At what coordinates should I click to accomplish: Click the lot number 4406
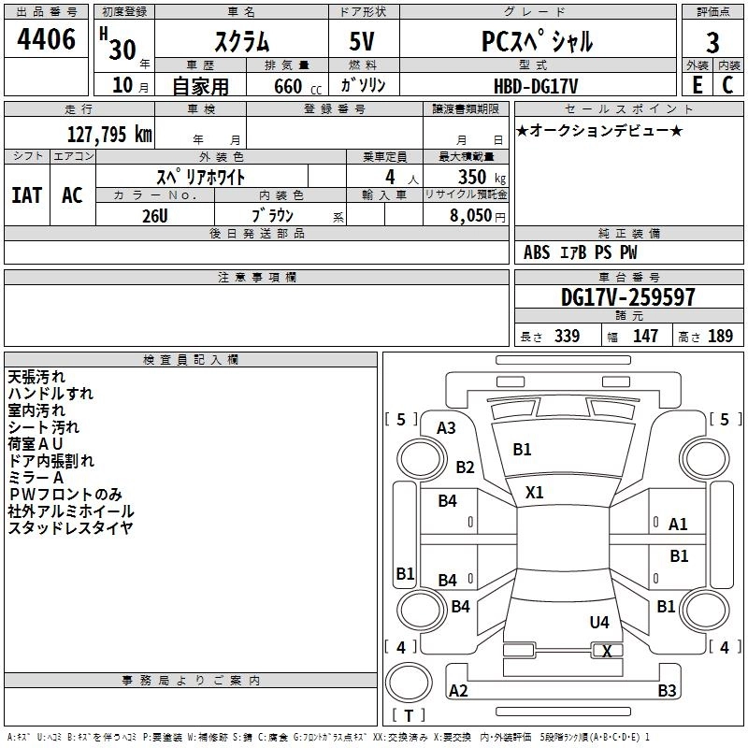coord(47,40)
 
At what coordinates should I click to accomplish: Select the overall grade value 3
coord(712,42)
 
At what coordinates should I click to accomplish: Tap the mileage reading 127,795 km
coord(109,134)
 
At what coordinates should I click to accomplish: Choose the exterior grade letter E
coord(698,85)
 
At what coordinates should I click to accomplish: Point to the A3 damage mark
coord(446,428)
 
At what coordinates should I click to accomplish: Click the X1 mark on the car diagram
coord(535,492)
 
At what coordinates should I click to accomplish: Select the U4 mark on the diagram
coord(599,622)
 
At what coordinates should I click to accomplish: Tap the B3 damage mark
coord(667,691)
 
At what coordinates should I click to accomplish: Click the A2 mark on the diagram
coord(458,691)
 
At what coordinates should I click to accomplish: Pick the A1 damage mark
coord(679,525)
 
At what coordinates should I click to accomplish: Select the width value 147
coord(645,336)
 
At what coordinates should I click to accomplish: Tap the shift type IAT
coord(26,195)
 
